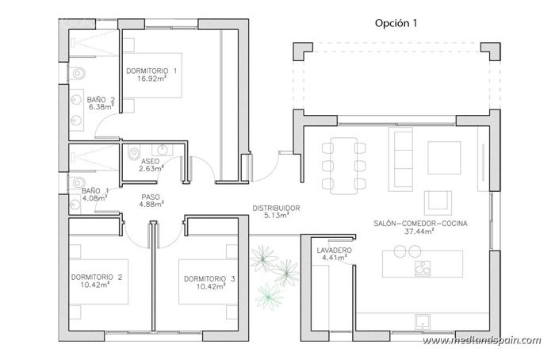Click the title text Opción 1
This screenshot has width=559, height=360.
pos(396,23)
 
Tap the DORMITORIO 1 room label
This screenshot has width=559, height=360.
pos(151,71)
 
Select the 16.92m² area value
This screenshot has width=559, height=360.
pos(151,79)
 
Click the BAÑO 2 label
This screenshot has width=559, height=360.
pos(101,98)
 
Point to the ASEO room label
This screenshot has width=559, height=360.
pos(150,160)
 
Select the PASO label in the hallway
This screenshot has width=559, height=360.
pos(151,197)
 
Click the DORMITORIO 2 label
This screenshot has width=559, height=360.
pos(96,278)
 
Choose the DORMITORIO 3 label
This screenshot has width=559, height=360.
pos(209,278)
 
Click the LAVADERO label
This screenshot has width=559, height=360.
pos(334,250)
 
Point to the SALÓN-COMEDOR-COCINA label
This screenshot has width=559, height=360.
pos(420,224)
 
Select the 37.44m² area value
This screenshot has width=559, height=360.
pos(420,233)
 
